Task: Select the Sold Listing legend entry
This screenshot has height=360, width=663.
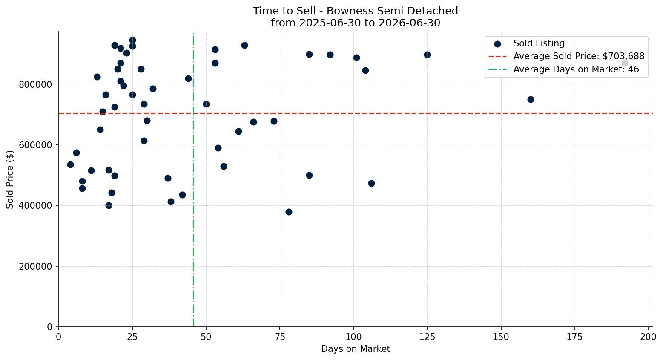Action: pyautogui.click(x=529, y=43)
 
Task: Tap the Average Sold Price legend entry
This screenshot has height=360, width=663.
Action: pyautogui.click(x=566, y=56)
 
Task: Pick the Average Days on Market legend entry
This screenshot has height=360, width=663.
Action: pyautogui.click(x=563, y=69)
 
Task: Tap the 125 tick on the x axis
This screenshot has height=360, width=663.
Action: pyautogui.click(x=427, y=337)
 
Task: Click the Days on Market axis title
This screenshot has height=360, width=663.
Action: pyautogui.click(x=356, y=349)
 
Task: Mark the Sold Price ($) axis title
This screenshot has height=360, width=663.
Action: pyautogui.click(x=10, y=179)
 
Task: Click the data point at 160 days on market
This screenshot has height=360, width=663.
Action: pyautogui.click(x=531, y=99)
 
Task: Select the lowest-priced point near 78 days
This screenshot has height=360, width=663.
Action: pyautogui.click(x=289, y=212)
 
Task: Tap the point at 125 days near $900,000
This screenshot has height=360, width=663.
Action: pyautogui.click(x=427, y=55)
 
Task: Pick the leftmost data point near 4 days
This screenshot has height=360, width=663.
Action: pyautogui.click(x=70, y=164)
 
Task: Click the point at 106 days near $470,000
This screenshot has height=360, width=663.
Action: pyautogui.click(x=371, y=184)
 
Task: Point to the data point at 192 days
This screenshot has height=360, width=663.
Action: pyautogui.click(x=625, y=63)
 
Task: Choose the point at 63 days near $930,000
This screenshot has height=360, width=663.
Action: pyautogui.click(x=244, y=45)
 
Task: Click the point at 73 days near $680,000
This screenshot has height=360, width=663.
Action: pyautogui.click(x=274, y=121)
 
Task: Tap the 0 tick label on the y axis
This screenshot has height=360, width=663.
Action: pyautogui.click(x=50, y=327)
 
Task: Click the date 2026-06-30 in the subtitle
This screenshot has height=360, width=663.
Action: pyautogui.click(x=409, y=23)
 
